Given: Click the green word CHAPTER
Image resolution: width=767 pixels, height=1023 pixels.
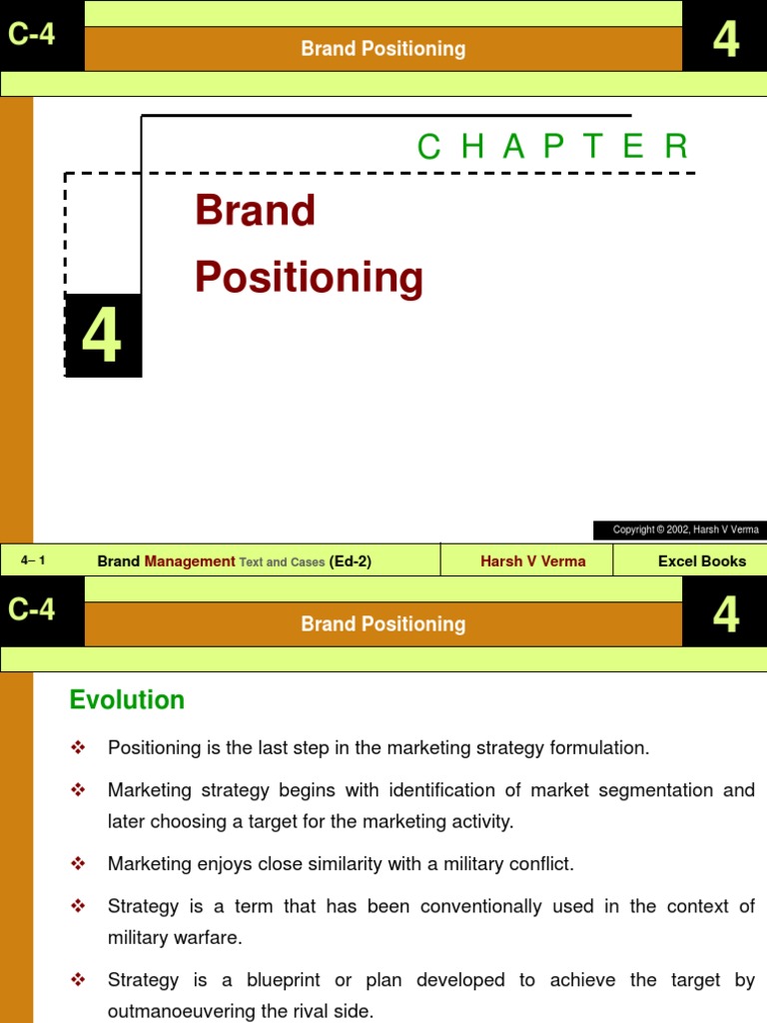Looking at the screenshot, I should (552, 147).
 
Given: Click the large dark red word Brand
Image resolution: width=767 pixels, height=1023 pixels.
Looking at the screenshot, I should (256, 211).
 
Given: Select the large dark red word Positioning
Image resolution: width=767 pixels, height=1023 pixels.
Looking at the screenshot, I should (310, 277).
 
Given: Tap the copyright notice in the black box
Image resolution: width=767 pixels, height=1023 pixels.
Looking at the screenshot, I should (685, 529).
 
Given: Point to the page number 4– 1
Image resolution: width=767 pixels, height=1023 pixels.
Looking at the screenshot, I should (33, 560).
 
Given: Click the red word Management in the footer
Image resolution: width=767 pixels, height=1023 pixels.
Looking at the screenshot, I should (190, 561).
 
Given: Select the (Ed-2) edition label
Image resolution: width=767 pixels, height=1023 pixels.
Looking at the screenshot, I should (350, 561).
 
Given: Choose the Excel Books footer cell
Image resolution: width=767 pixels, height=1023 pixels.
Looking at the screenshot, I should (701, 561).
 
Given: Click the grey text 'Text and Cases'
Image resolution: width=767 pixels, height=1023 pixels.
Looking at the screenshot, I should (282, 562).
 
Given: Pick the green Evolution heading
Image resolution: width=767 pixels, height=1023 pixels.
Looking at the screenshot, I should (127, 700).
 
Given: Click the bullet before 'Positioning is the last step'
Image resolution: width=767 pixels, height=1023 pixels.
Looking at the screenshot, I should (79, 747).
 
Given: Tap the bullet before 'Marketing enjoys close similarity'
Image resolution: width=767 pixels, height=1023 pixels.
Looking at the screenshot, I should (79, 863).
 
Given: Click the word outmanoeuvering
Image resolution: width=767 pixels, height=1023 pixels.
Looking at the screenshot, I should (172, 1011).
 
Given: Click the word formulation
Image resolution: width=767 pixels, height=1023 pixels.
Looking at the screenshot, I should (601, 748).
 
